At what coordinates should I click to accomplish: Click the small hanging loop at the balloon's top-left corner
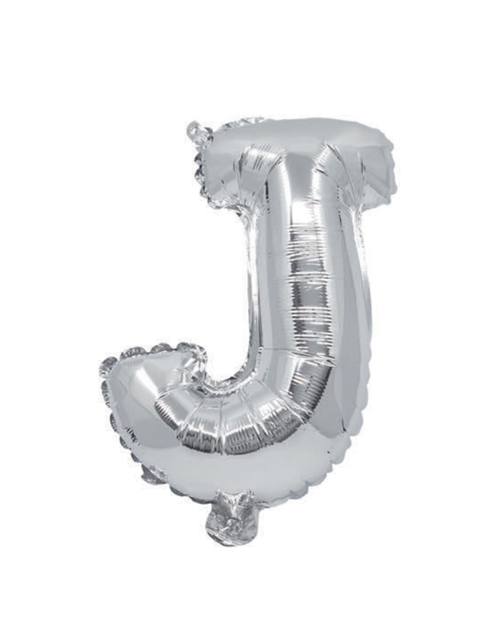pyautogui.click(x=197, y=131)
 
